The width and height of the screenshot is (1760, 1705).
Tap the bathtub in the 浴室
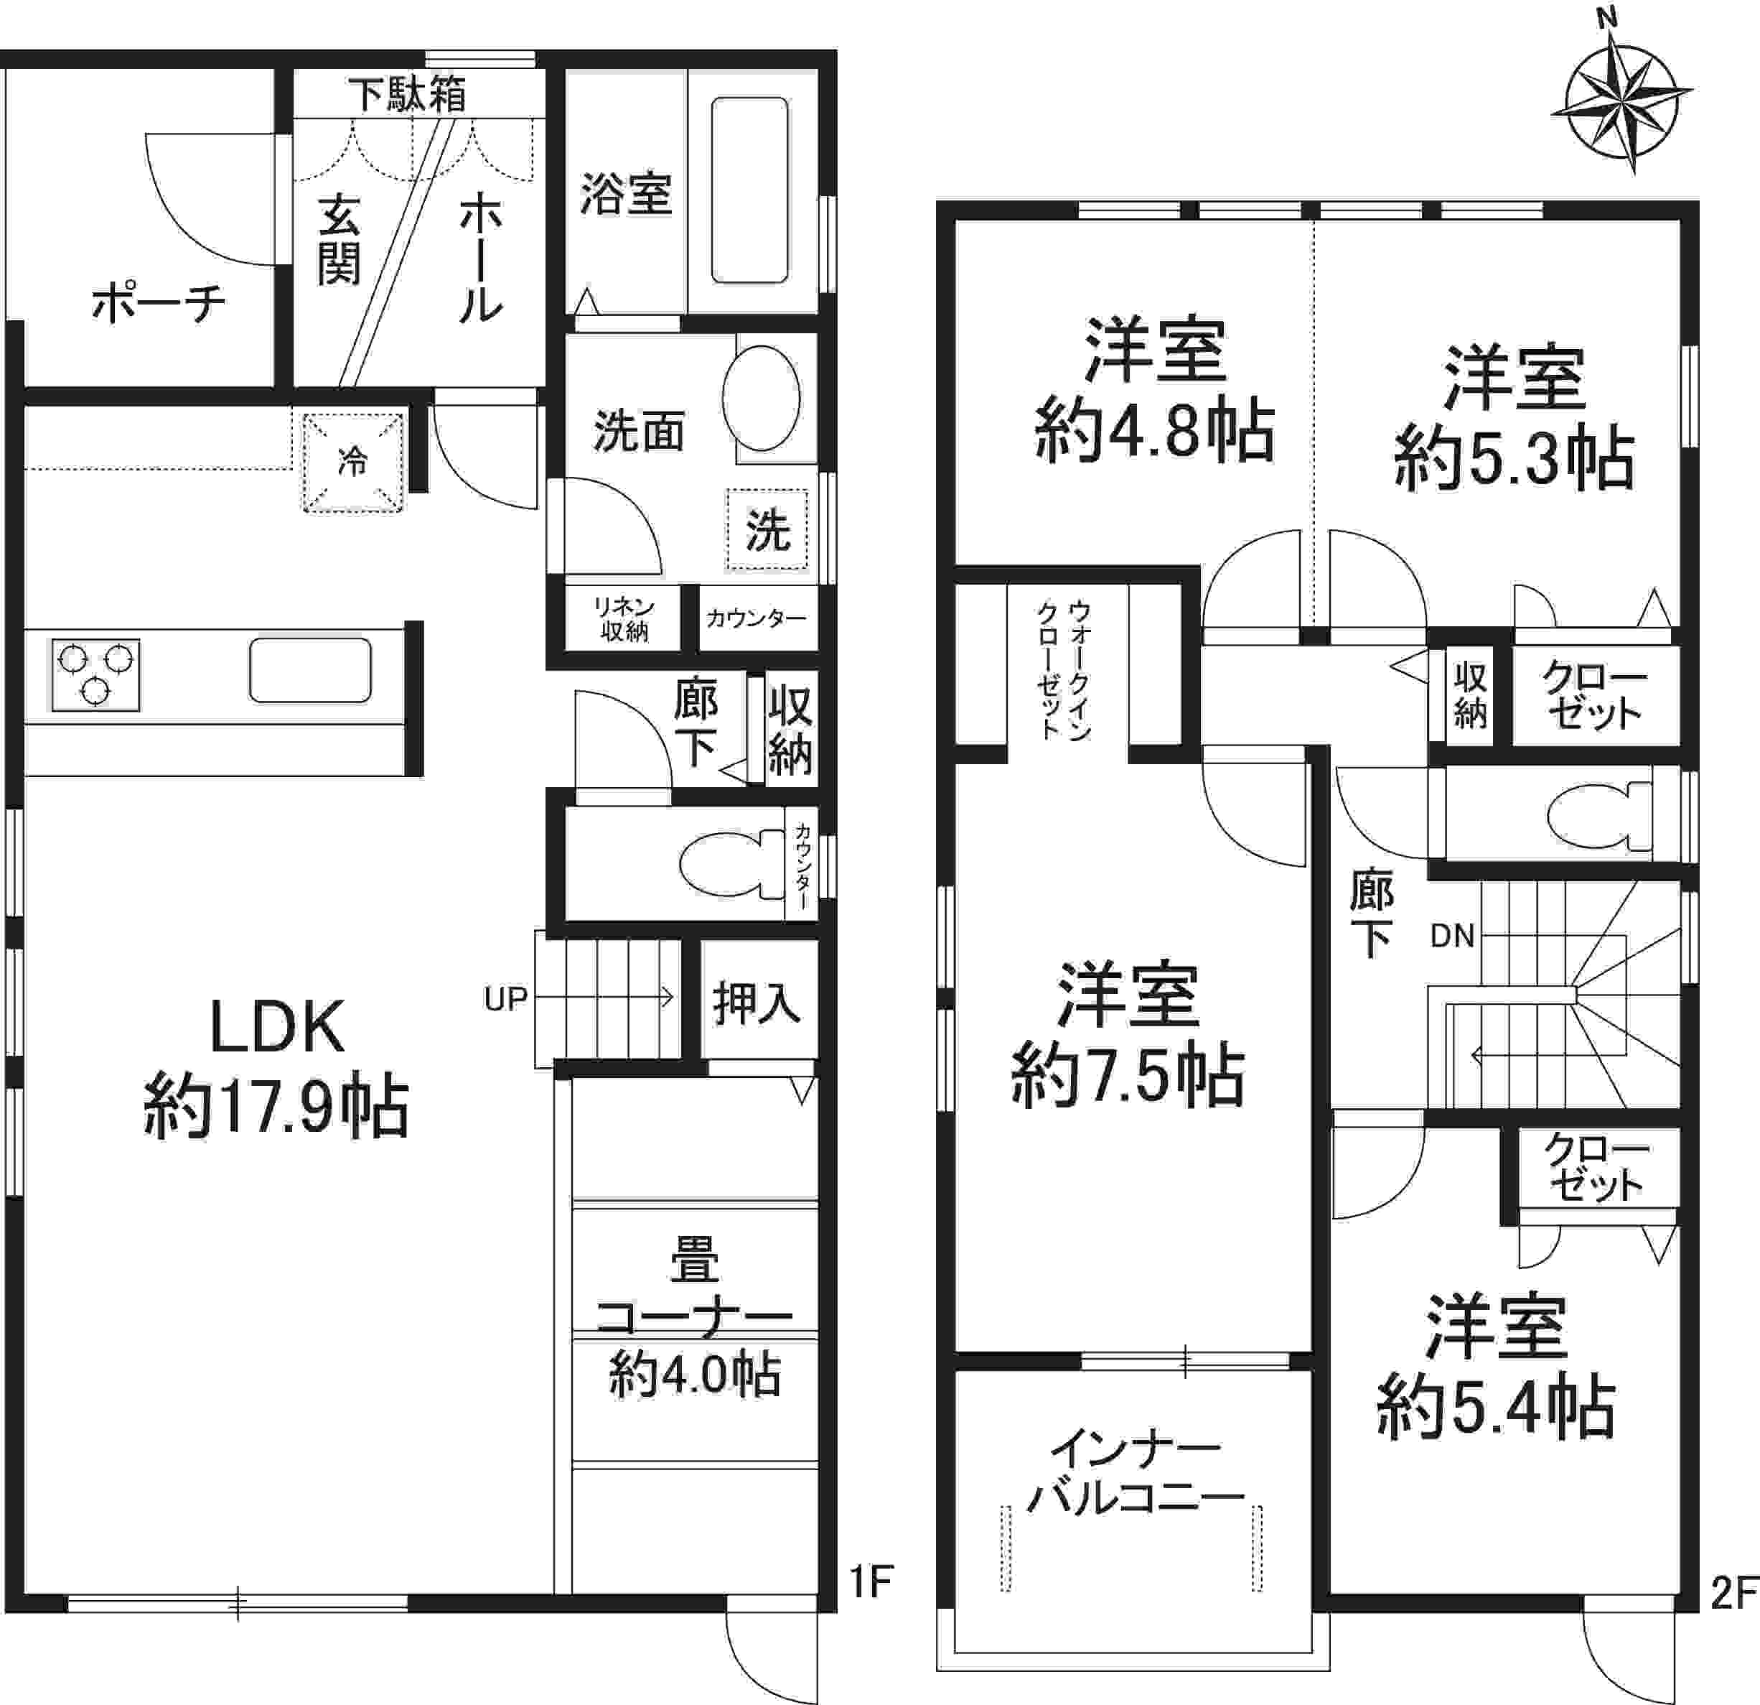pos(750,190)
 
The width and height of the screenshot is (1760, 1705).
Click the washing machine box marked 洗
pos(767,529)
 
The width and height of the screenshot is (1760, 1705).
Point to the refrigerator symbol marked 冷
pos(351,462)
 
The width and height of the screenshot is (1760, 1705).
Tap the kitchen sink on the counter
pos(310,669)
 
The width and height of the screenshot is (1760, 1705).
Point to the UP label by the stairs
pos(505,999)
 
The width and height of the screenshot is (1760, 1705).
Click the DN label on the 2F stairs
pos(1452,936)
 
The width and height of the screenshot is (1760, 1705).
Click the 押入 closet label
pos(756,1003)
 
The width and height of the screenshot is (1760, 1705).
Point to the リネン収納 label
pos(624,619)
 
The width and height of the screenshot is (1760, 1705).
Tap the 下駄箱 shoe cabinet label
pos(408,94)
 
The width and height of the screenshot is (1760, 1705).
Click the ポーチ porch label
pos(158,304)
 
